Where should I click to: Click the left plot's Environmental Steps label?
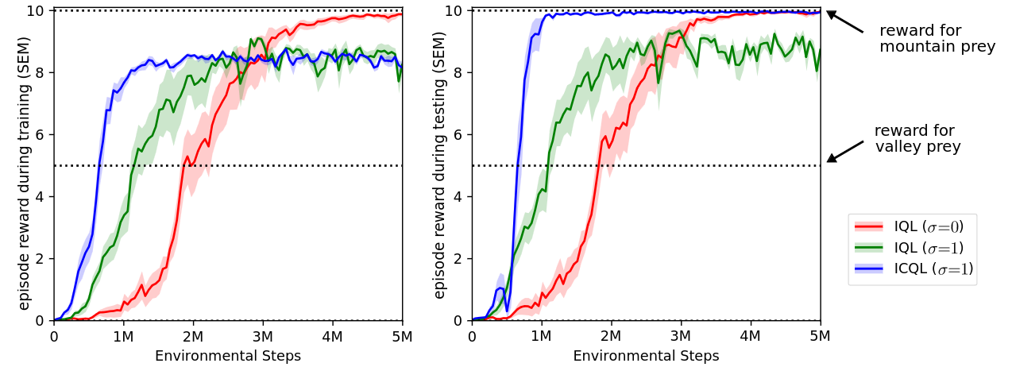(x=228, y=356)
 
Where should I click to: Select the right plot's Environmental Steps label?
(x=646, y=356)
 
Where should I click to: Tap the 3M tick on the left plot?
(x=263, y=336)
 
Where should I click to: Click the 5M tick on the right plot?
(x=820, y=336)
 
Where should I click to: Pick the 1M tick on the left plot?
(x=123, y=336)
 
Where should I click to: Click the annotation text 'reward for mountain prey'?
(x=937, y=38)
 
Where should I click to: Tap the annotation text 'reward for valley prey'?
(x=917, y=138)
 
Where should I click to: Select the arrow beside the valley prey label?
(x=845, y=151)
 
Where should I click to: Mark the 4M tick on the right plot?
(x=751, y=336)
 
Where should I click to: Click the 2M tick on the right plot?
(x=611, y=336)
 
